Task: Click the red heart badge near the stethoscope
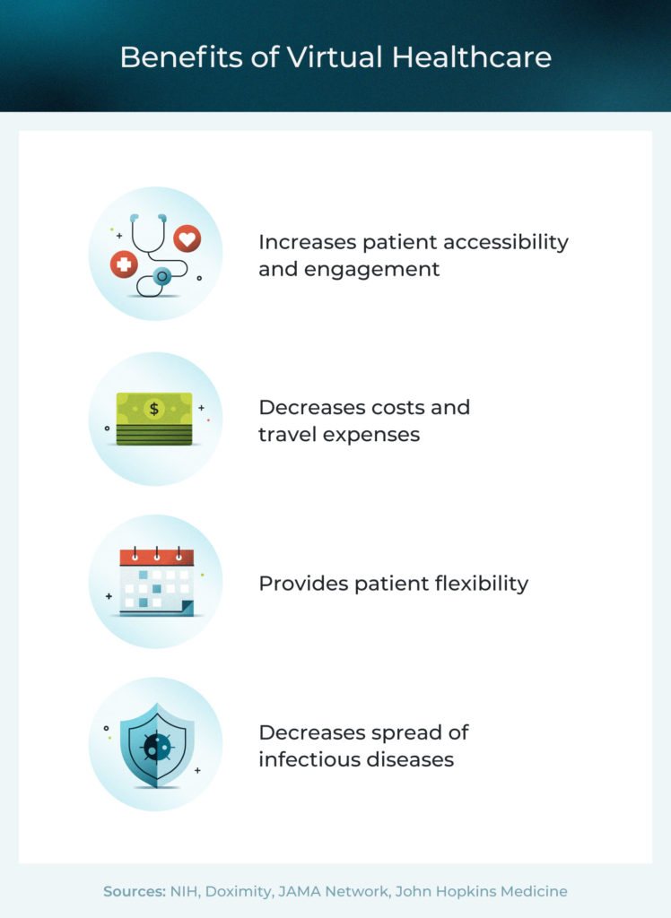pyautogui.click(x=187, y=238)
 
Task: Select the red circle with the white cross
pyautogui.click(x=123, y=264)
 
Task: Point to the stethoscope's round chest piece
pyautogui.click(x=162, y=277)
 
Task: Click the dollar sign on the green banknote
pyautogui.click(x=154, y=409)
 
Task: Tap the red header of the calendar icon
pyautogui.click(x=156, y=558)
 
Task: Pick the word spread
pyautogui.click(x=402, y=732)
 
